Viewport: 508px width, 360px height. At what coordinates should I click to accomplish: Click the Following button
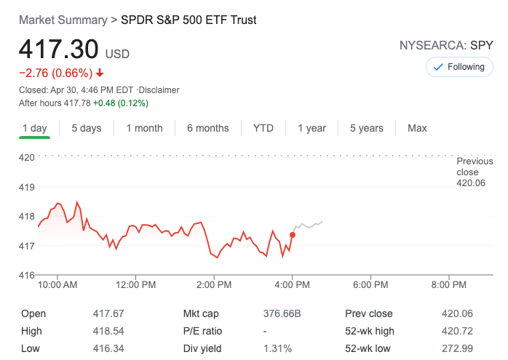tap(459, 67)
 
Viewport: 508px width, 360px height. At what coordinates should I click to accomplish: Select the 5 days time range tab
tap(87, 128)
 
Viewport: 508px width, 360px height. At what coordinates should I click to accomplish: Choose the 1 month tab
tap(144, 128)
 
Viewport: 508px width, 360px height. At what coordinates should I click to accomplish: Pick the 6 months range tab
tap(207, 128)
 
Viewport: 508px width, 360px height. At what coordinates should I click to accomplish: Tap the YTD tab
tap(263, 128)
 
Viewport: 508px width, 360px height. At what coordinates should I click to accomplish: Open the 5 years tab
tap(366, 128)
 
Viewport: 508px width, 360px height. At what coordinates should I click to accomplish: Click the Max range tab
tap(417, 128)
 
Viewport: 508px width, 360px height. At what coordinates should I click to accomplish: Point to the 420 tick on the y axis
tap(27, 157)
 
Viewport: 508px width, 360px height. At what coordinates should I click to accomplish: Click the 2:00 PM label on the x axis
tap(214, 284)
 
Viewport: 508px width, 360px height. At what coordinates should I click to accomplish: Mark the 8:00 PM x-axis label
tap(448, 284)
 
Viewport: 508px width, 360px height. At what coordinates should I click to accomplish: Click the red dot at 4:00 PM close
tap(293, 234)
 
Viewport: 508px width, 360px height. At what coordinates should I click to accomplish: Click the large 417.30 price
tap(58, 49)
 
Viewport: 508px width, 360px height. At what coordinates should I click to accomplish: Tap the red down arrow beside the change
tap(100, 73)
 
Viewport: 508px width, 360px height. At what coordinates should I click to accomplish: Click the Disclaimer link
tap(159, 90)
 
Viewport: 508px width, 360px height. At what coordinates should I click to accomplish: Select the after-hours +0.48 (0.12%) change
tap(120, 103)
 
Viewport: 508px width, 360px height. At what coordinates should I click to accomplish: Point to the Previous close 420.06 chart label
tap(475, 172)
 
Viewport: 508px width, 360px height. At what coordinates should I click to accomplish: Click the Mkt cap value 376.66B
tap(282, 313)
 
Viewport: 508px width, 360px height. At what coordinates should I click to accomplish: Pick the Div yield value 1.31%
tap(277, 348)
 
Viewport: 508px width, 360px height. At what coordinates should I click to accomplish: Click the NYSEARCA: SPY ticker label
tap(446, 45)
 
